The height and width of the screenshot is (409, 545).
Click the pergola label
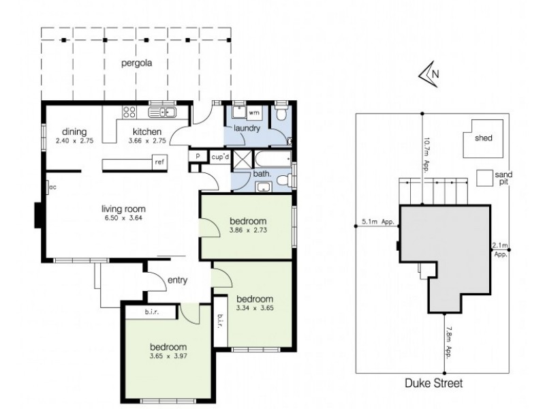[x=136, y=65]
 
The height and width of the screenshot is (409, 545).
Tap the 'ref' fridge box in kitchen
[x=159, y=162]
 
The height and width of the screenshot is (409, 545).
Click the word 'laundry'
[x=247, y=128]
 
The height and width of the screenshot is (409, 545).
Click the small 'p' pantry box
[x=197, y=156]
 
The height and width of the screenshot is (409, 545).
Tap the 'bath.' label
[x=262, y=175]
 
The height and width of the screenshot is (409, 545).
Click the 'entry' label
[x=177, y=280]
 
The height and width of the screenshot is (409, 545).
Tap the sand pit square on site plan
[x=484, y=178]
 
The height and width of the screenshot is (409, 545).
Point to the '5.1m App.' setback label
[x=379, y=222]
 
